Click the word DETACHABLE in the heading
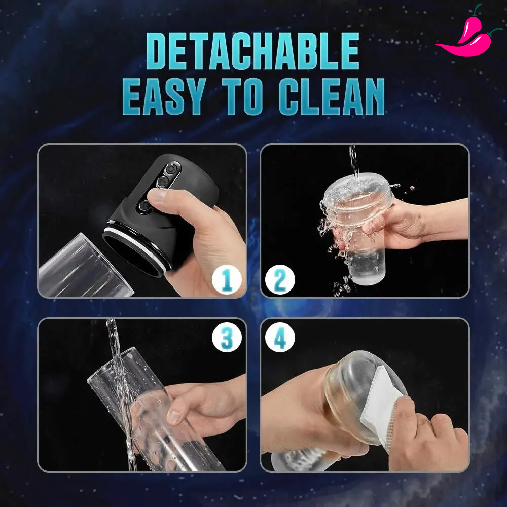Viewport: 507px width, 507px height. (252, 51)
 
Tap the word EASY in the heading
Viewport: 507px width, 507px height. (164, 96)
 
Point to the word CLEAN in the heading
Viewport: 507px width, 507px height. (332, 96)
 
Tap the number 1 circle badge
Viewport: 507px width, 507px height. (227, 279)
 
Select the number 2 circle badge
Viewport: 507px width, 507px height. (280, 279)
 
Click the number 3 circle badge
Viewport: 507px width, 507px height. (227, 337)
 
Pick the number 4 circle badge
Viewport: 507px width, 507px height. (280, 337)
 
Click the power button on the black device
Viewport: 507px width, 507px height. (171, 169)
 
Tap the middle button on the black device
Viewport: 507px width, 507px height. (163, 181)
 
